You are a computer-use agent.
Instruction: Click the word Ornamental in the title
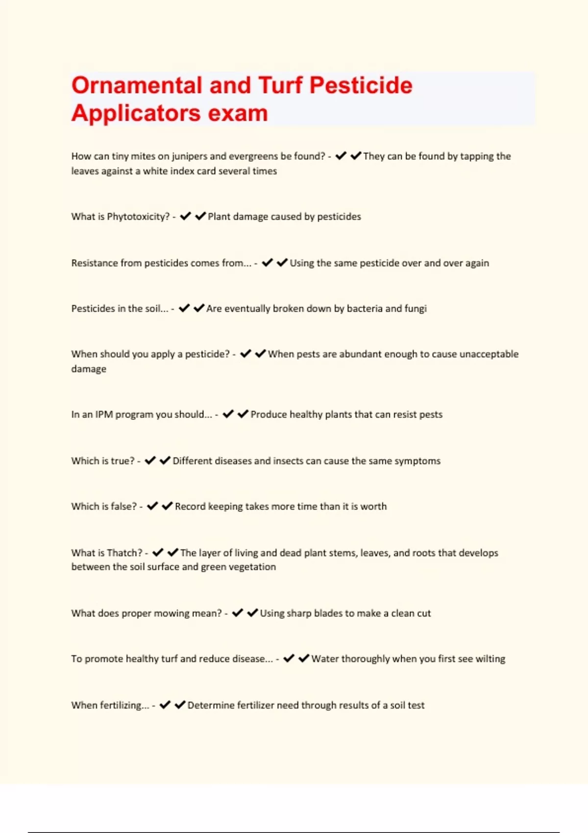[137, 85]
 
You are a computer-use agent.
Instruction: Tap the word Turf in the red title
[280, 85]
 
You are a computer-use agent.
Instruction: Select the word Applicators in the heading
[136, 113]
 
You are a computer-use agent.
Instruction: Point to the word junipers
[189, 156]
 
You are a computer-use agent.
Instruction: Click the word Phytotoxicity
[138, 217]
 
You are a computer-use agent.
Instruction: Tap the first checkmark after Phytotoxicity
[185, 216]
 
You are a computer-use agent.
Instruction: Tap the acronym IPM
[104, 415]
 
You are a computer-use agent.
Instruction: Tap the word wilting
[490, 659]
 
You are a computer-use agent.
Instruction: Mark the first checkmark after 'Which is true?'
[150, 461]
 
